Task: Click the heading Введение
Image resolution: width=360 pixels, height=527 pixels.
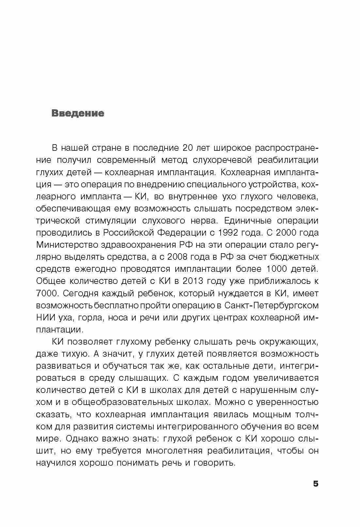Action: point(78,114)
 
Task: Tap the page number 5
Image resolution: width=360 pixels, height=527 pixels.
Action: point(315,484)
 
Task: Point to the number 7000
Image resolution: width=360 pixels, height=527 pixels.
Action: point(47,293)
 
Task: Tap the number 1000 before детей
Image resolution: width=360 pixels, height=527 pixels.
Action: point(278,269)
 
